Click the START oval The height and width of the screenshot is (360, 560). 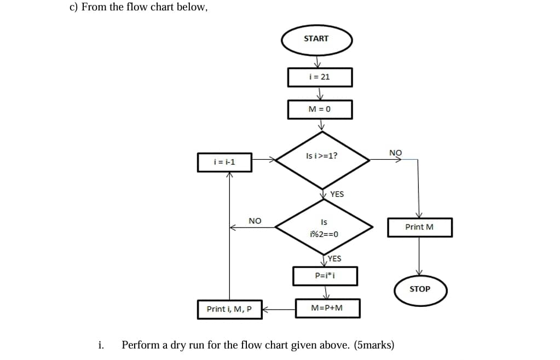(x=316, y=39)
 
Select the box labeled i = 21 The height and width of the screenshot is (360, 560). (x=320, y=77)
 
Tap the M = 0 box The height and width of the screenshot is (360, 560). (x=320, y=109)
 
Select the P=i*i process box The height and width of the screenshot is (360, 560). (x=325, y=276)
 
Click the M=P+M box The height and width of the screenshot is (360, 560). (x=327, y=308)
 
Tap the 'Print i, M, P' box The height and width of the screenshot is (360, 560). (x=229, y=309)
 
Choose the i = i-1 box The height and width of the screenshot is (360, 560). (x=224, y=162)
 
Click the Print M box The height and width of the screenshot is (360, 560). (x=419, y=227)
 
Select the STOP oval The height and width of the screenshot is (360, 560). (x=420, y=289)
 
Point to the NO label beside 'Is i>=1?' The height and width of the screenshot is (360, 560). (x=395, y=152)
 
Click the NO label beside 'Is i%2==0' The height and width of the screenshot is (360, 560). (x=255, y=220)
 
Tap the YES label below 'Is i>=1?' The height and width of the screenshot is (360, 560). (x=337, y=194)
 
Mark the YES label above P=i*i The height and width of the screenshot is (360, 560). (x=334, y=259)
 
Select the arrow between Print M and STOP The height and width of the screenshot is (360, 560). (x=419, y=256)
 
